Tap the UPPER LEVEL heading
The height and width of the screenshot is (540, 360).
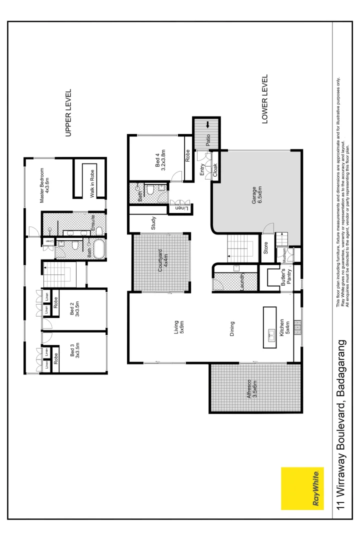click(x=69, y=113)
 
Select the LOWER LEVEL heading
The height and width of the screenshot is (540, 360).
click(x=265, y=99)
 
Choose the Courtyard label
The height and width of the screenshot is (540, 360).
click(x=161, y=260)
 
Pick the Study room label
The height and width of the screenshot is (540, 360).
click(x=153, y=222)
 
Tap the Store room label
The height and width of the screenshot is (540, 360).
click(x=266, y=248)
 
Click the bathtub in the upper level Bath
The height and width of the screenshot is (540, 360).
click(x=98, y=249)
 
